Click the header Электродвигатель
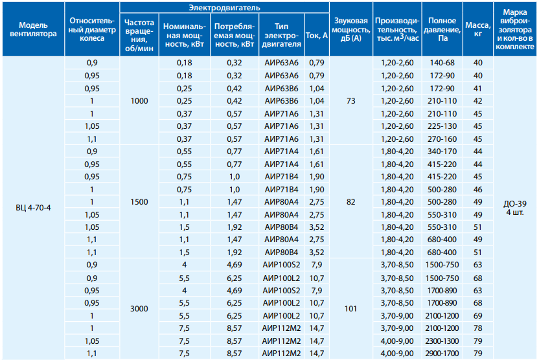tap(224, 8)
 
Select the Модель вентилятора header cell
tap(33, 29)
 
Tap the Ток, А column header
tap(317, 36)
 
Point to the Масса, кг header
tap(478, 29)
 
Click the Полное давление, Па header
tap(442, 29)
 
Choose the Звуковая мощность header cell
tap(350, 29)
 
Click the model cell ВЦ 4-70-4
tap(33, 208)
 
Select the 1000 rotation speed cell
tap(139, 101)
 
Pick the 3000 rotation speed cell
tap(139, 309)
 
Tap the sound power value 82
tap(350, 202)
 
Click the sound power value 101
tap(350, 309)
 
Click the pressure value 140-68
tap(442, 63)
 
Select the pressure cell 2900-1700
tap(442, 354)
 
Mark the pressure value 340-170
tap(442, 152)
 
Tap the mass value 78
tap(478, 328)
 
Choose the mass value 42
tap(478, 101)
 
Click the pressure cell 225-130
tap(442, 126)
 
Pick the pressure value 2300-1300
tap(442, 341)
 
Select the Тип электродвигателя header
tap(282, 36)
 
